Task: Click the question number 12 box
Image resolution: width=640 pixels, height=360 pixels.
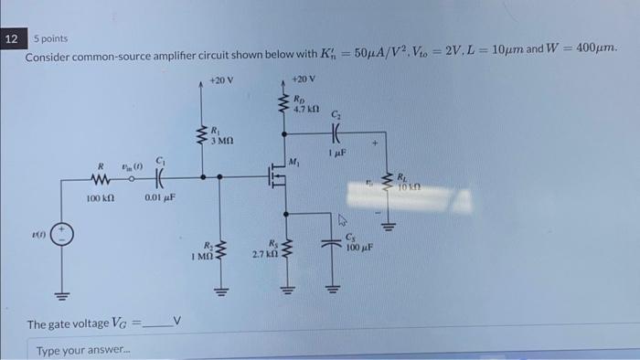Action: click(x=11, y=40)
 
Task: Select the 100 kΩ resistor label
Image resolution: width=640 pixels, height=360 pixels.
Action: click(x=101, y=196)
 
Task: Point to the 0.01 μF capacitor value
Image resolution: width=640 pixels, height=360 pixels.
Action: click(x=160, y=196)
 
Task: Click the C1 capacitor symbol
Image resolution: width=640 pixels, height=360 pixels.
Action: click(x=161, y=179)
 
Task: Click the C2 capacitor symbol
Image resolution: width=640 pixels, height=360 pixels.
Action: click(x=338, y=131)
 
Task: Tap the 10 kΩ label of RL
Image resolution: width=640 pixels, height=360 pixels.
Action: click(x=410, y=185)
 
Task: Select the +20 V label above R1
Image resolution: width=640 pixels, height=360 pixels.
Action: click(x=220, y=79)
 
